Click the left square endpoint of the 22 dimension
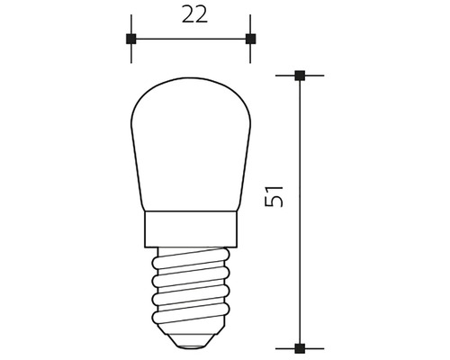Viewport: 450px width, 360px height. [x=131, y=39]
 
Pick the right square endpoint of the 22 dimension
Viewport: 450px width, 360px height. [x=250, y=39]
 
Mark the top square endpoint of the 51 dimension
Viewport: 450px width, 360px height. [x=301, y=76]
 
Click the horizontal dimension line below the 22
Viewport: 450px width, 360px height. [x=190, y=39]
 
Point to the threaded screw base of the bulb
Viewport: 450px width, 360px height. [x=190, y=292]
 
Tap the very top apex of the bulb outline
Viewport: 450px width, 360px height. [x=190, y=76]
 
